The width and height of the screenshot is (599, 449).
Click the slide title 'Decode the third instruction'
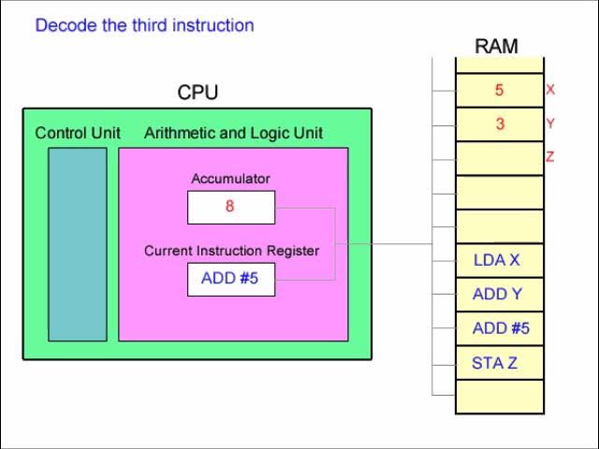[144, 25]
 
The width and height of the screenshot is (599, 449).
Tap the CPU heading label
[197, 92]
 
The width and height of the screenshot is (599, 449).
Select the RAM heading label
[496, 46]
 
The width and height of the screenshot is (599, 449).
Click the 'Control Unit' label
[78, 133]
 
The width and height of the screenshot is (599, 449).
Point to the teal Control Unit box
[78, 244]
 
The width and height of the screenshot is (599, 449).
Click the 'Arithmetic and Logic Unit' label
[233, 133]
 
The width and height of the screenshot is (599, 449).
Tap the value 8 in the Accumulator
[229, 206]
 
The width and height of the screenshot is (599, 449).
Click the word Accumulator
[231, 179]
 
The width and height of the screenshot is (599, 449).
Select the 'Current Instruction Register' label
[231, 251]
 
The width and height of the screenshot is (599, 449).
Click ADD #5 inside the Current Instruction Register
[229, 279]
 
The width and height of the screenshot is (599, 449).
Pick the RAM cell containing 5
[500, 90]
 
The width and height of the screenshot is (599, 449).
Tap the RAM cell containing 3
[500, 124]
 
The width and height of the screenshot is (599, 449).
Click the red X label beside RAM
[550, 90]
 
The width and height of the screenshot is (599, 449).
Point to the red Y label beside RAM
[550, 123]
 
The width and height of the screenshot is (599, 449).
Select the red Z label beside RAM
[550, 156]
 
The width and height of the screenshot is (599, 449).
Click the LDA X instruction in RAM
[497, 260]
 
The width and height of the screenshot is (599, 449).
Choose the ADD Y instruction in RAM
[497, 294]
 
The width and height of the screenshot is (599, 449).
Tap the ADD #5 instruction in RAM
[501, 328]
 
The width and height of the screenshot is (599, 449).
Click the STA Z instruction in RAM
[495, 363]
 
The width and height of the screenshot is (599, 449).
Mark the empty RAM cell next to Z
[500, 158]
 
